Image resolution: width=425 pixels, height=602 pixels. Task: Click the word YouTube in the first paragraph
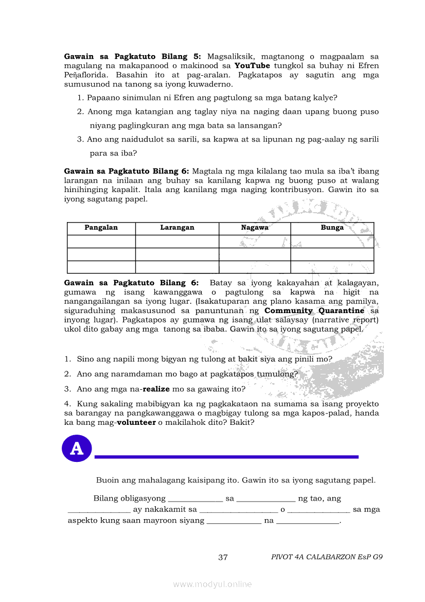point(252,66)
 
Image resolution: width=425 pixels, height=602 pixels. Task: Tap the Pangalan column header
point(101,228)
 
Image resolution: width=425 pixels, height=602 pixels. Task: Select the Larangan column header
point(177,228)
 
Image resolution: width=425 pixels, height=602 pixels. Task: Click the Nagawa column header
point(255,228)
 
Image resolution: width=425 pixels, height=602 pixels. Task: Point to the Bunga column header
point(332,228)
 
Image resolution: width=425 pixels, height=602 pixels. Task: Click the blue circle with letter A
point(77,449)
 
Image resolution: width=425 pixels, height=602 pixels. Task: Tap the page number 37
point(223,557)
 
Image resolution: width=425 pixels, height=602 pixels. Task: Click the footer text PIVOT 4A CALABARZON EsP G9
point(327,557)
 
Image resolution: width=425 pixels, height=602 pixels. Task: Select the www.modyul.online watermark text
point(213,584)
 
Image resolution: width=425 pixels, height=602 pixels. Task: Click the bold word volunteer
point(136,423)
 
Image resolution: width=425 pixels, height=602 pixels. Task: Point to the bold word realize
point(156,389)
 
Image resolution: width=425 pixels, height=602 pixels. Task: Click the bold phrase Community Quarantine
point(314,311)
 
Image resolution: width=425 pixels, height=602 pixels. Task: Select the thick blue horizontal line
point(226,457)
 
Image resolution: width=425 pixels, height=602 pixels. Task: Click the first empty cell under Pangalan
point(101,242)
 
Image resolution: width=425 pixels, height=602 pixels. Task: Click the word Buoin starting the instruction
point(108,480)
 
